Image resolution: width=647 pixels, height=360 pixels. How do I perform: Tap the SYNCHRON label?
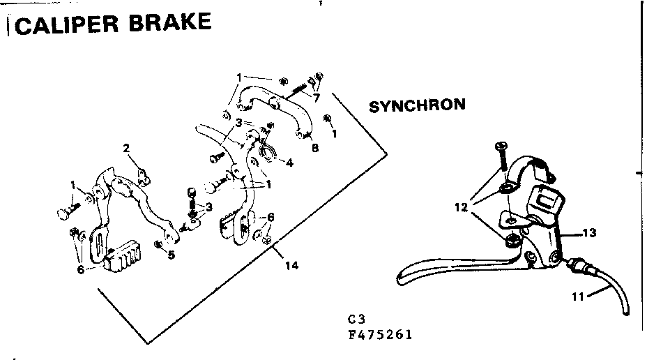(416, 106)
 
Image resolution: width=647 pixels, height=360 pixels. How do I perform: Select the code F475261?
(381, 334)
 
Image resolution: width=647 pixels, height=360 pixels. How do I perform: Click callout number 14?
(291, 266)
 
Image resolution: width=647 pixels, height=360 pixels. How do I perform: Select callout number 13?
(589, 233)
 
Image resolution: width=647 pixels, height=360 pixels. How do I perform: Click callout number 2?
(126, 148)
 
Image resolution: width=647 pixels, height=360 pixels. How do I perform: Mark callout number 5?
(171, 255)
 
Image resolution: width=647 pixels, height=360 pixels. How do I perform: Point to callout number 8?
(314, 148)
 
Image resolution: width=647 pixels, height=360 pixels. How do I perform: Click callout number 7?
(316, 98)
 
